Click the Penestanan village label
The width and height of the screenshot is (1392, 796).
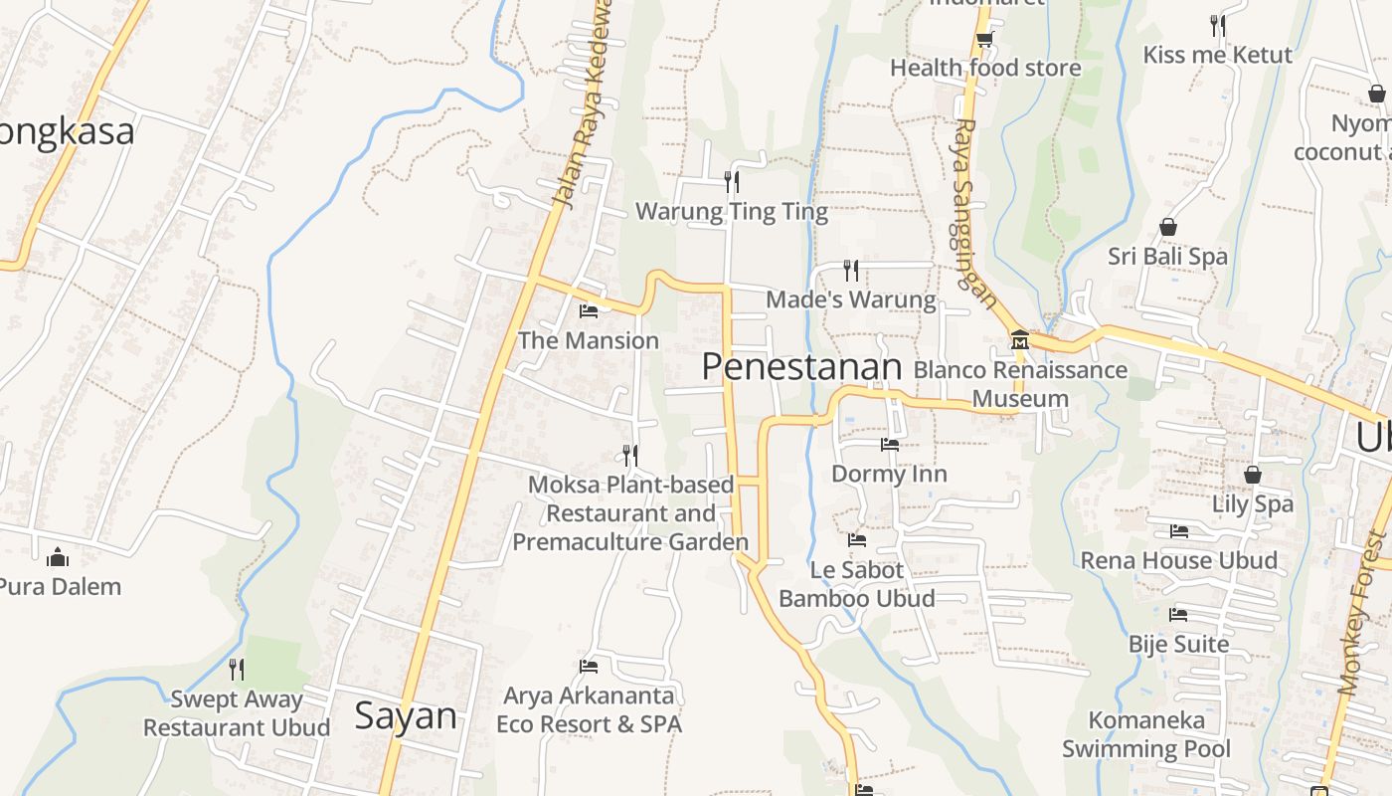(801, 367)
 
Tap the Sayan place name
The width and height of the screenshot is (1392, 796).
(406, 715)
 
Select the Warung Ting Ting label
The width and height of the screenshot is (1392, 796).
(731, 212)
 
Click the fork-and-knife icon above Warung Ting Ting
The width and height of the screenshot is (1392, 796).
(731, 181)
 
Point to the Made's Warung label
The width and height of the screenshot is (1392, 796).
(851, 299)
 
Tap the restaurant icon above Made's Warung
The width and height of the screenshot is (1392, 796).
(851, 270)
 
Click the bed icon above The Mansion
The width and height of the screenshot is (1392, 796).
(589, 310)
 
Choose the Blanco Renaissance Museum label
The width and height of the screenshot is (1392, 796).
(1020, 384)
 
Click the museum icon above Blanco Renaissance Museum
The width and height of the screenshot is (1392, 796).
(1019, 340)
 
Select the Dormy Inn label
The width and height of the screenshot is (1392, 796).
(889, 474)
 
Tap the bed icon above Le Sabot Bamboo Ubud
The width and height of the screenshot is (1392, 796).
(857, 540)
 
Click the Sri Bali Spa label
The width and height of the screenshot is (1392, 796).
(1167, 257)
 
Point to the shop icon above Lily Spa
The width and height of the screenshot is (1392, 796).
(1252, 475)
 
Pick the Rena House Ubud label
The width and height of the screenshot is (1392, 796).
(1178, 560)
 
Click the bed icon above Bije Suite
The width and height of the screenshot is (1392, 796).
(1178, 614)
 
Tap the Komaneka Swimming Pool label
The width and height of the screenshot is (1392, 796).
(1145, 734)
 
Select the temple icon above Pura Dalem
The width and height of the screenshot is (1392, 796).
(59, 556)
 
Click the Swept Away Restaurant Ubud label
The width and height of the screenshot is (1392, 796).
(237, 713)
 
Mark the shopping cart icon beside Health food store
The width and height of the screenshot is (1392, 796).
(984, 39)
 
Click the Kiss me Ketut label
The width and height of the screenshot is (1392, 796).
(1217, 55)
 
